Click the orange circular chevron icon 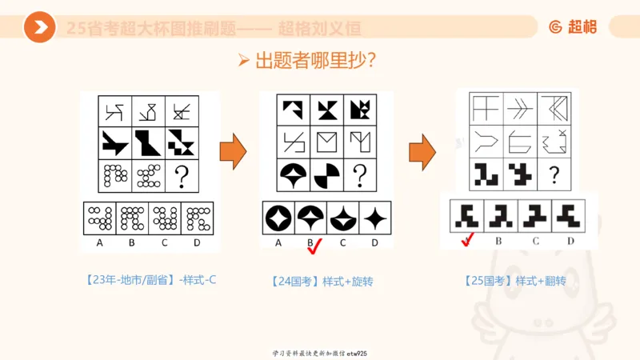point(39,28)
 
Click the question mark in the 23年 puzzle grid point(182,176)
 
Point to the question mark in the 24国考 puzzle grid point(360,173)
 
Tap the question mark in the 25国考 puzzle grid point(554,174)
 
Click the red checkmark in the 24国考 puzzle point(314,246)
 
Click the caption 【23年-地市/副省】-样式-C point(149,280)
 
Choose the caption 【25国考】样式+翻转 point(514,281)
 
